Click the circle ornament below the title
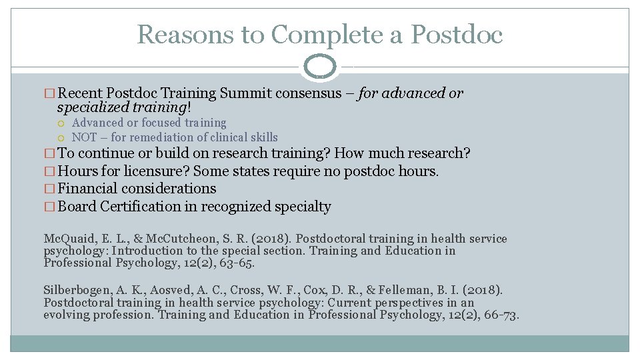point(320,67)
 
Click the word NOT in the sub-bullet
point(85,137)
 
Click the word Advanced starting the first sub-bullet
point(97,123)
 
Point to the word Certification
point(140,207)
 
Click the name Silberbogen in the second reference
point(77,291)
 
